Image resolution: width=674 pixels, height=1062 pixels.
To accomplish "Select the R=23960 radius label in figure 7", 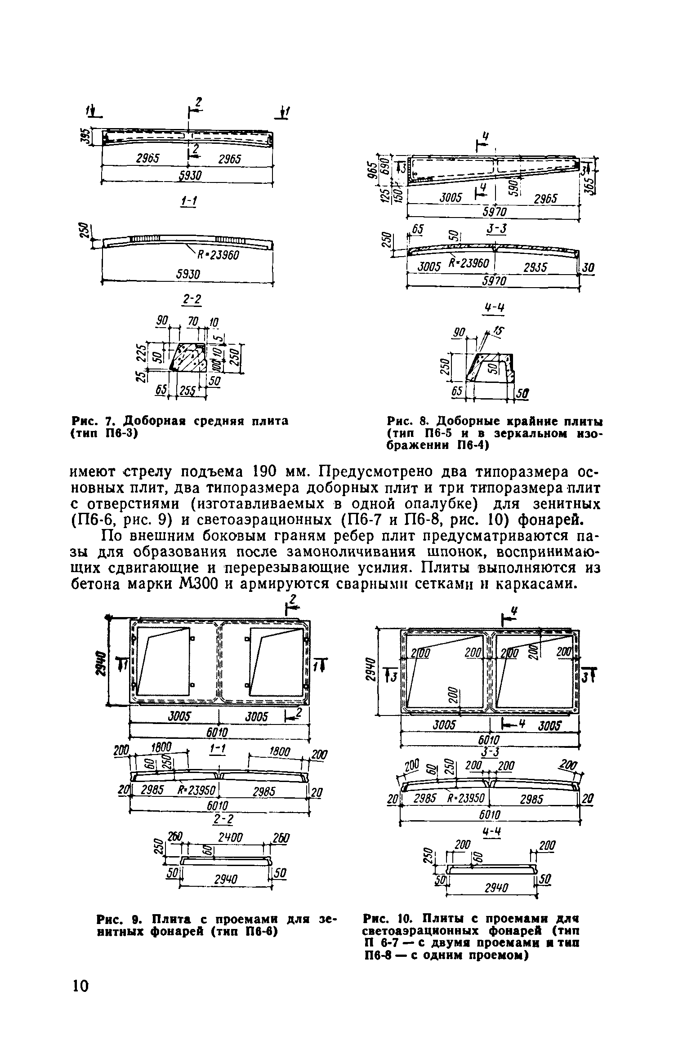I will click(217, 255).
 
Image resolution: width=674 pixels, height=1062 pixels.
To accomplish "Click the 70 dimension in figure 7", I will click(193, 322).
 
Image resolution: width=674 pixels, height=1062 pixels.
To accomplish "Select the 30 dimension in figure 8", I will click(588, 268).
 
